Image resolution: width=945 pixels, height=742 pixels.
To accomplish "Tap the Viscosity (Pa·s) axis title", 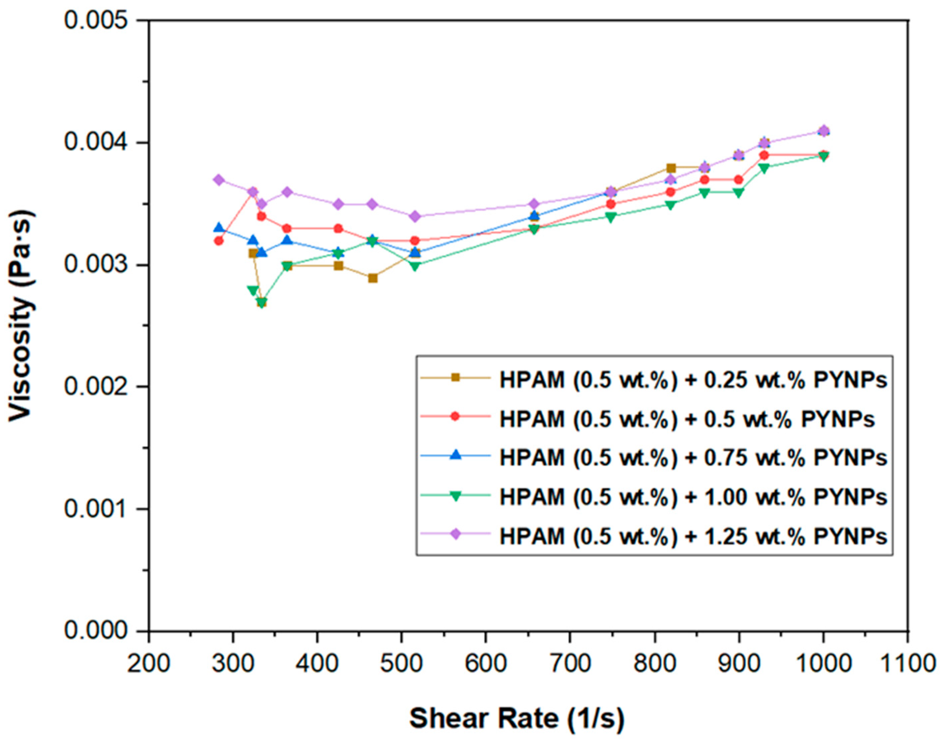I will (22, 315).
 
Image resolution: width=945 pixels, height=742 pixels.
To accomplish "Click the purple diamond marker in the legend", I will (455, 535).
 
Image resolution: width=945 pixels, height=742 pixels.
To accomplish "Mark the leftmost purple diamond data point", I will (219, 180).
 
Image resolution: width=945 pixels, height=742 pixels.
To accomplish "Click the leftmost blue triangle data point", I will (219, 228).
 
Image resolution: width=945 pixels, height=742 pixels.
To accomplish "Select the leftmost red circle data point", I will (219, 241).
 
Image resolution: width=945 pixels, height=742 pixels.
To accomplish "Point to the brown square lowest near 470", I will (372, 278).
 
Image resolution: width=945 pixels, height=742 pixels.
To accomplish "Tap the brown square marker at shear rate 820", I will (671, 168).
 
